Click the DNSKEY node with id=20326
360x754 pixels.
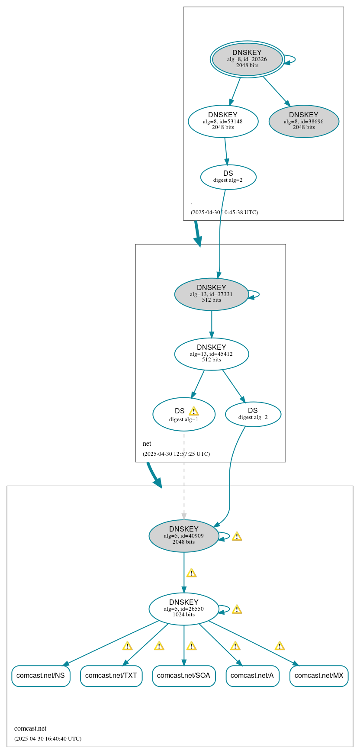coord(247,59)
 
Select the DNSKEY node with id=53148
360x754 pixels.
coord(223,121)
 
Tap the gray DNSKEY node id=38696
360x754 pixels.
coord(304,121)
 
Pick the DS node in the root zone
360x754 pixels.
coord(228,177)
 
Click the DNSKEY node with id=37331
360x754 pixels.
coord(211,294)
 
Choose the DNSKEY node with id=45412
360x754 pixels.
coord(211,354)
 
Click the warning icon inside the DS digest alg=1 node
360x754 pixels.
coord(193,411)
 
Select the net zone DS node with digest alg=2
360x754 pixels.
coord(253,414)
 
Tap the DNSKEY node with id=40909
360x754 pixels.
coord(183,535)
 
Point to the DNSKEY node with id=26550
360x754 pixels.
coord(183,609)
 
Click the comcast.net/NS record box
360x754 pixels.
coord(41,676)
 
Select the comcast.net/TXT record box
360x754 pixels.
coord(111,676)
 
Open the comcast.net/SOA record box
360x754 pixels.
coord(183,676)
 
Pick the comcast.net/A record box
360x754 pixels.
coord(252,676)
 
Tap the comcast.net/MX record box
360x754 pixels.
coord(319,676)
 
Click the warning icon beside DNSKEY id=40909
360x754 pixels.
coord(237,536)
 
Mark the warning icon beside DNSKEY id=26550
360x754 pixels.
coord(237,609)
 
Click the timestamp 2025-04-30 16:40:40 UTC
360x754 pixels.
coord(48,738)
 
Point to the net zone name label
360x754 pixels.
coord(147,444)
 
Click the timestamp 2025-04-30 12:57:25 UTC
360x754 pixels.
coord(176,454)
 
